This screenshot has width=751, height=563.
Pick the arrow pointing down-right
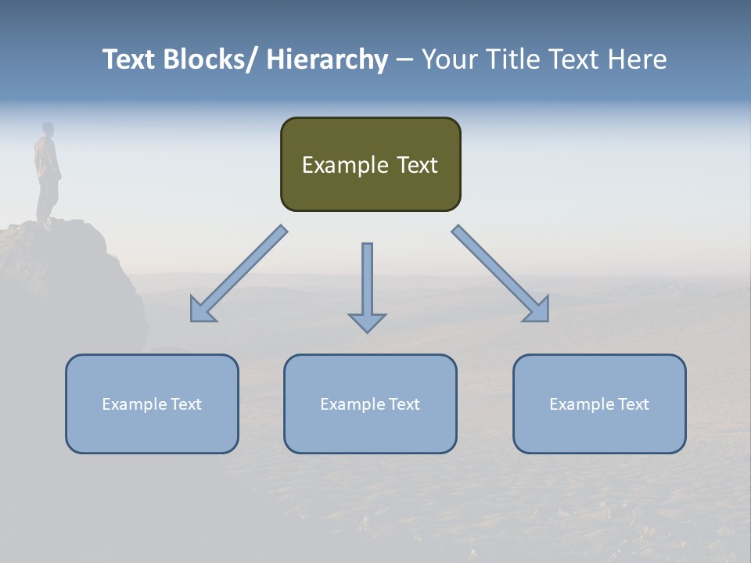tap(501, 274)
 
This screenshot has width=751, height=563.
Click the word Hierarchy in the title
tap(326, 60)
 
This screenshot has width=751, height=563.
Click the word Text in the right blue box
tap(633, 404)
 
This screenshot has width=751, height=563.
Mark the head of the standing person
tap(48, 128)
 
